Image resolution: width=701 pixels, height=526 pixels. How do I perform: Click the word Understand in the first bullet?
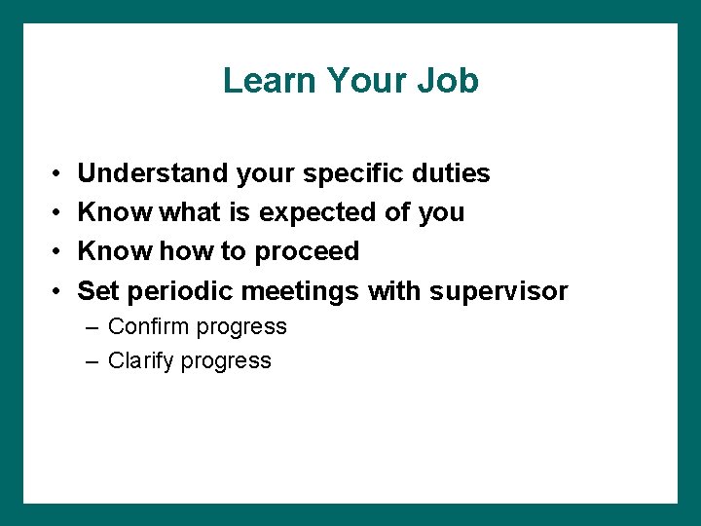point(154,173)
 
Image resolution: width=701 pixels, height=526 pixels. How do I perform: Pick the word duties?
point(455,173)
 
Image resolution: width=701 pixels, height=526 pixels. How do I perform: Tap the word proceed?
point(307,252)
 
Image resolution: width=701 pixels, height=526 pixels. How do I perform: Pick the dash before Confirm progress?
point(92,327)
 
